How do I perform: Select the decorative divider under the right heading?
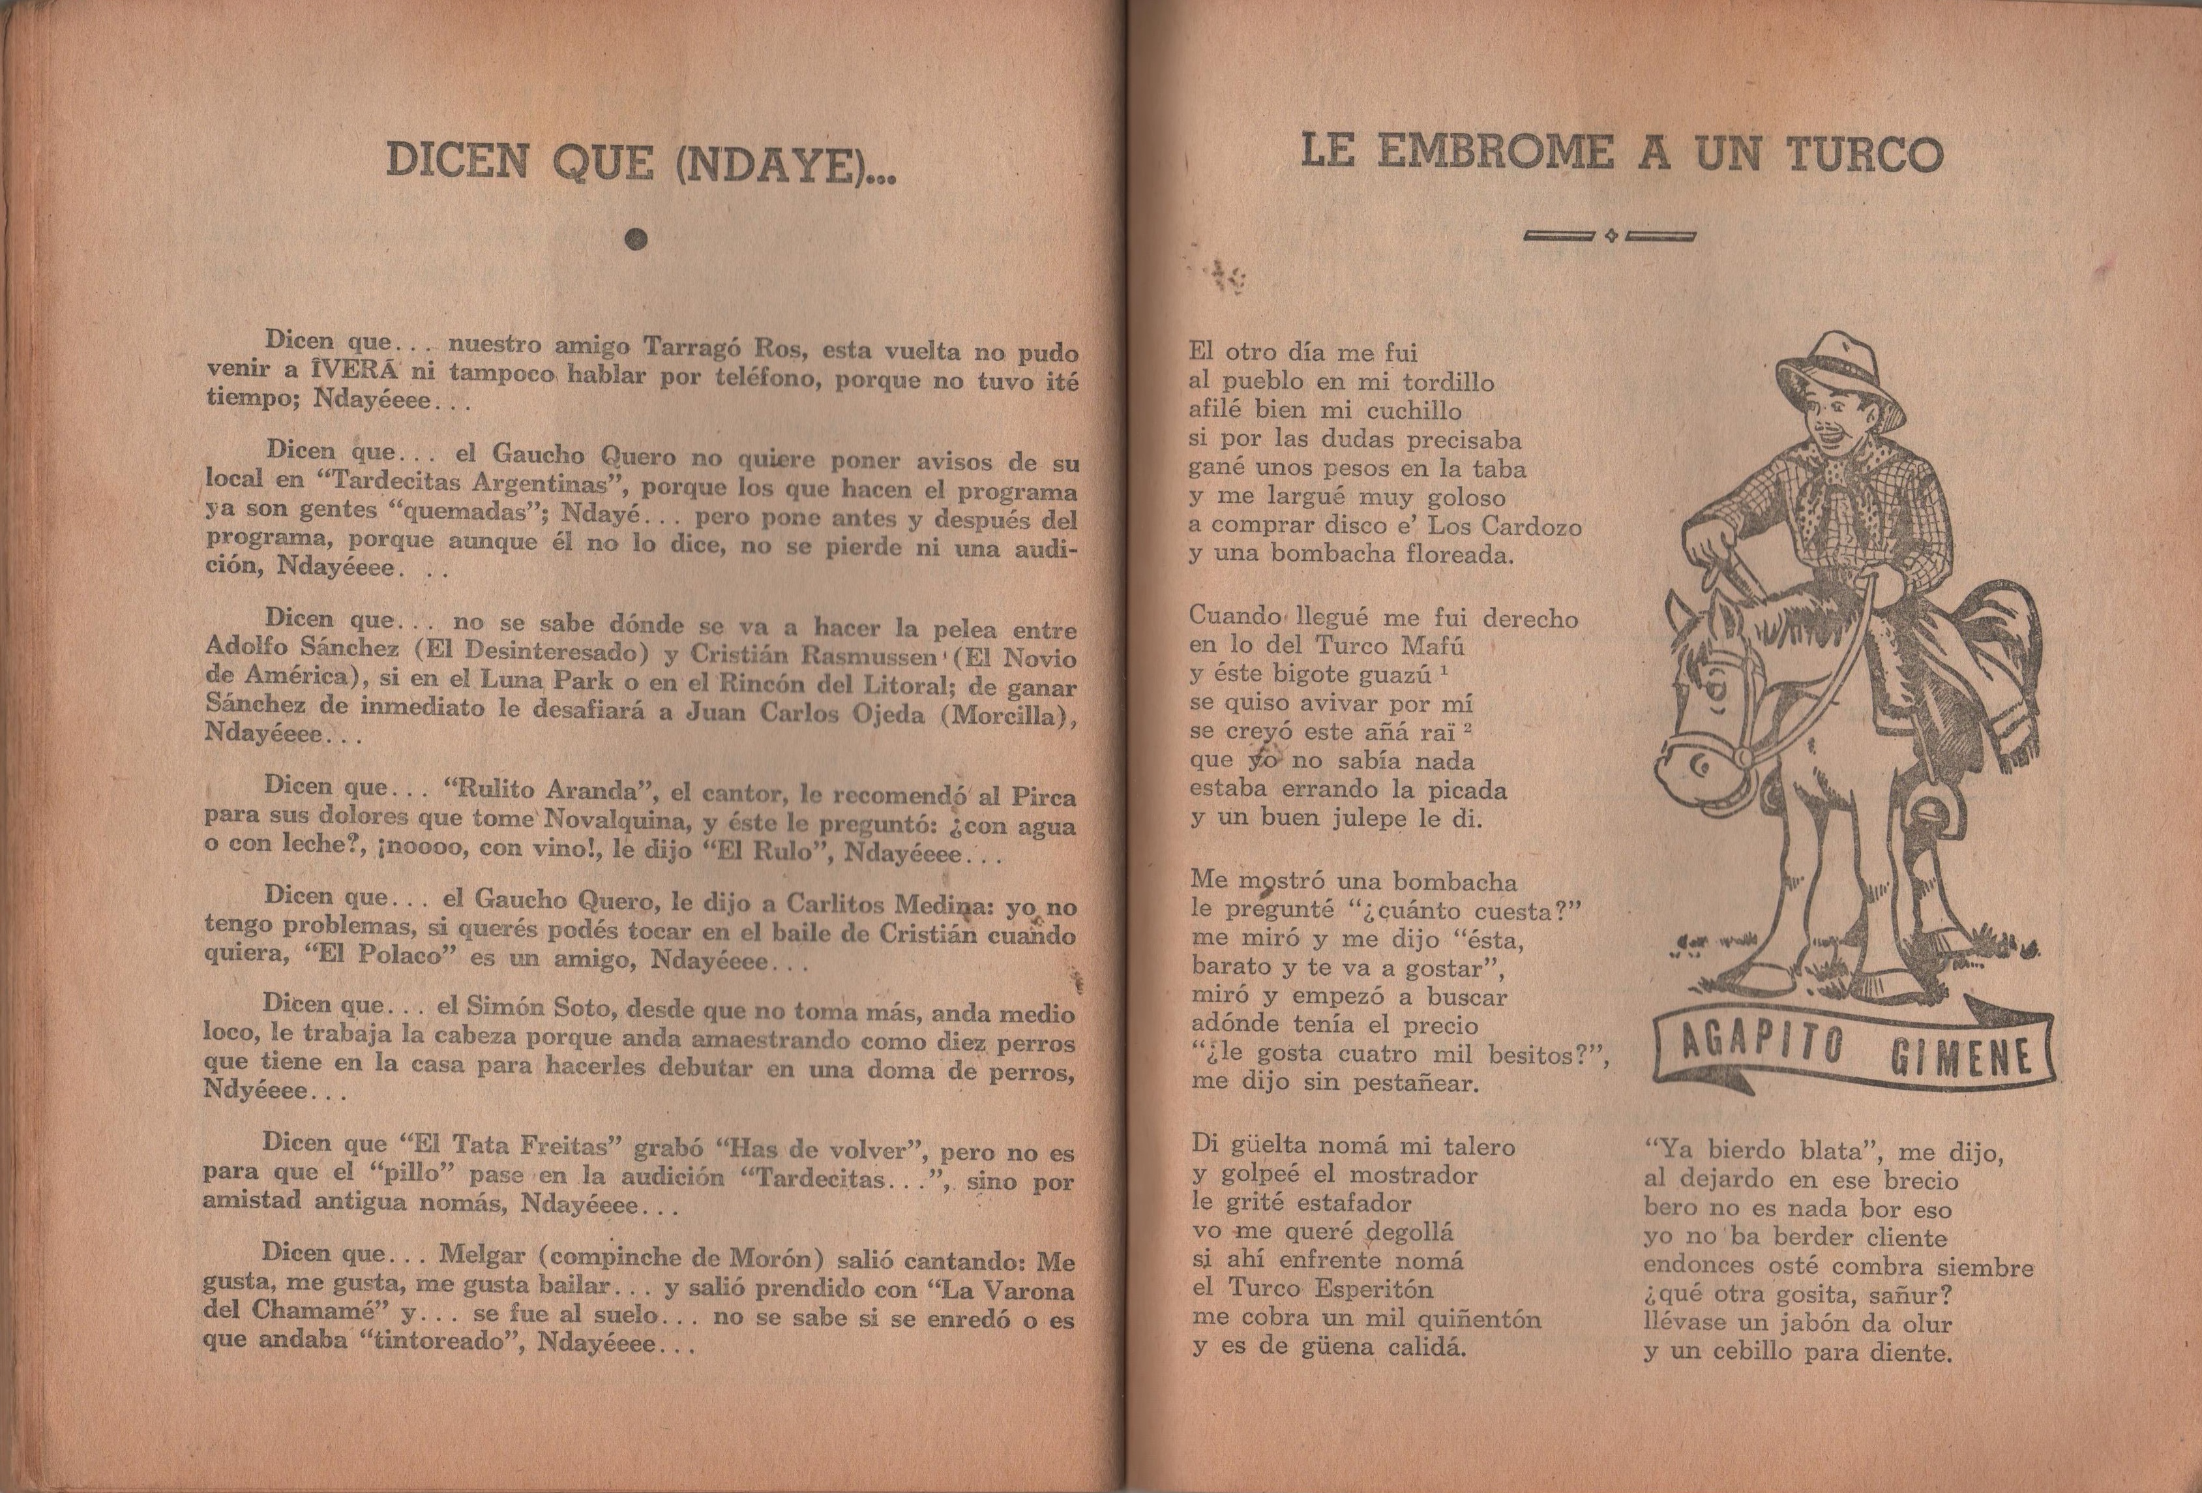(x=1611, y=236)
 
